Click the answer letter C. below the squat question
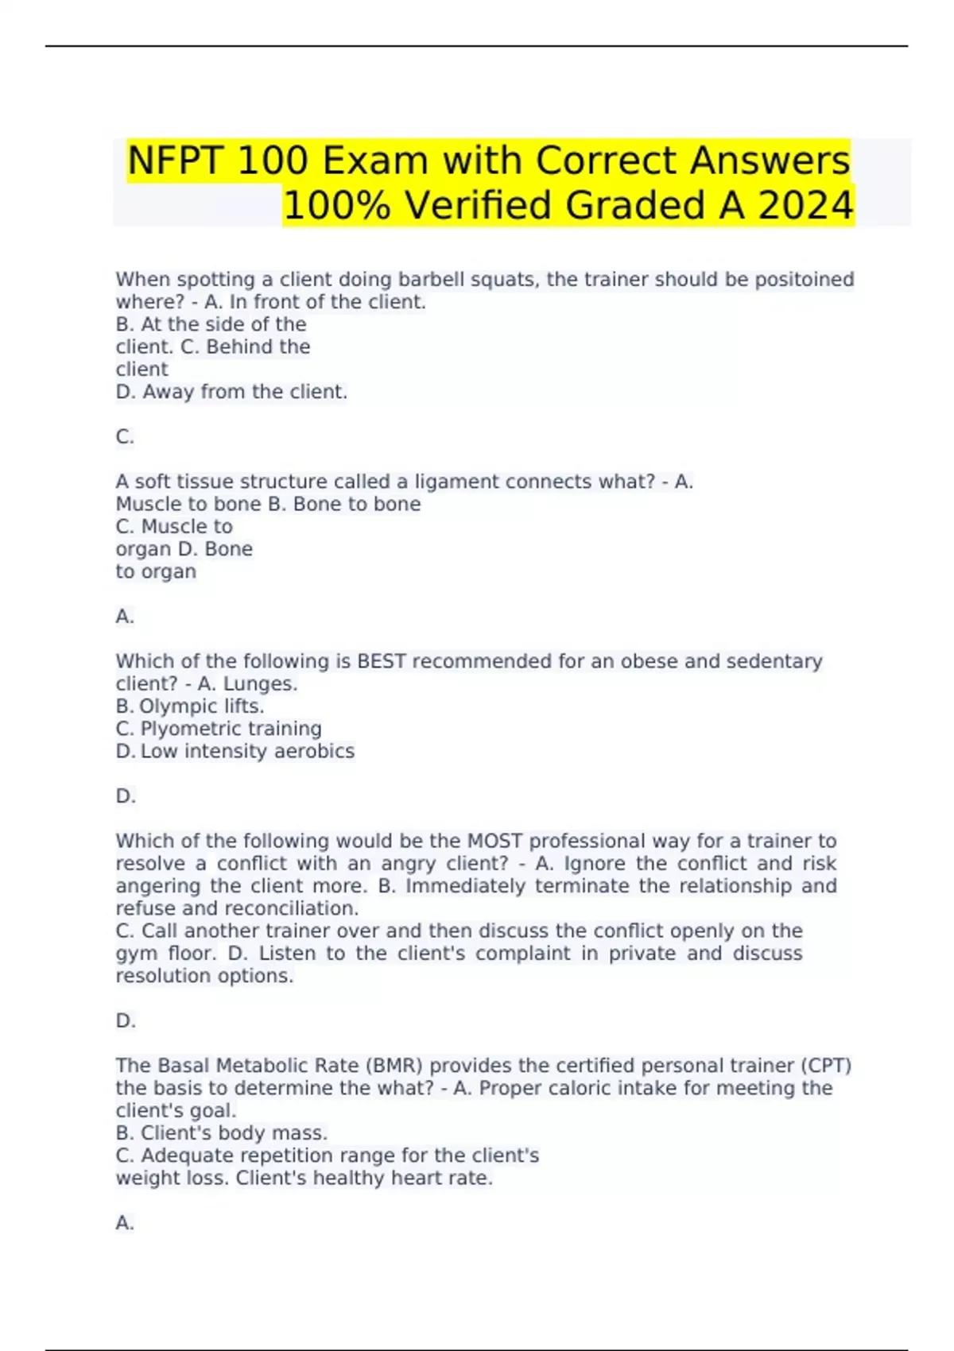[x=125, y=437]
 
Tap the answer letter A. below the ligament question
[x=125, y=617]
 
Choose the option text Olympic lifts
[x=201, y=706]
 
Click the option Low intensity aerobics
[x=247, y=751]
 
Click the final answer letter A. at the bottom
[x=125, y=1223]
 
